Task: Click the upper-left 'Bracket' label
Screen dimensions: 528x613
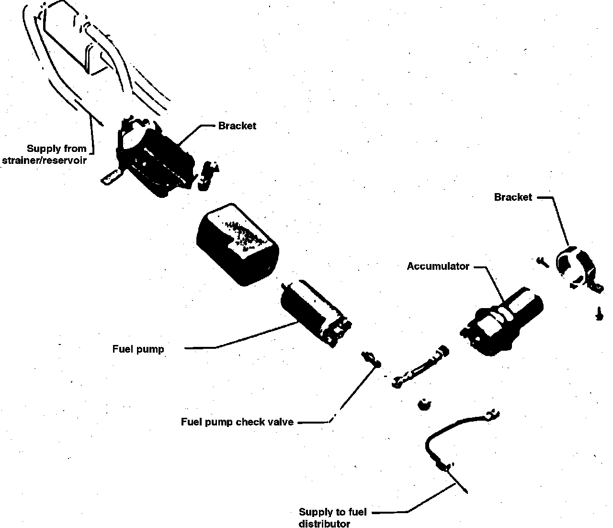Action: coord(237,126)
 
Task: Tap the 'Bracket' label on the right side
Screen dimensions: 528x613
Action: coord(513,197)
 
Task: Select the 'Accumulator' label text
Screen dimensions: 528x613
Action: coord(438,266)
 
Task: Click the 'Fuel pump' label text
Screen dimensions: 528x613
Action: coord(138,349)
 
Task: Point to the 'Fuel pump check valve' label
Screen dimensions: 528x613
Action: coord(237,422)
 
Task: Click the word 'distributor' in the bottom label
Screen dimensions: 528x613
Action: coord(324,524)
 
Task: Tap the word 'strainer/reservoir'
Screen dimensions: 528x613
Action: coord(45,161)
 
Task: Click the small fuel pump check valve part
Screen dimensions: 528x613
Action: coord(370,358)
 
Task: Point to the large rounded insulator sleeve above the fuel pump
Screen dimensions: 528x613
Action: coord(237,242)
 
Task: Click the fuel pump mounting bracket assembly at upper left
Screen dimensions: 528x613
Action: coord(153,156)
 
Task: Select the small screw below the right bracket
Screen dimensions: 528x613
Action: coord(599,314)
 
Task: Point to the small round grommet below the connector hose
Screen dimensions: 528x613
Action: coord(423,405)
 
